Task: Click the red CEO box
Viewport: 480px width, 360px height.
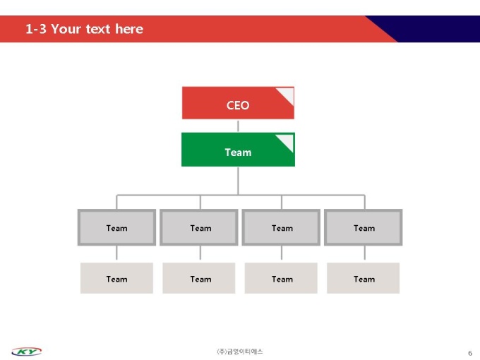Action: coord(238,103)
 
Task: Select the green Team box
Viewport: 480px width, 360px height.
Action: coord(238,150)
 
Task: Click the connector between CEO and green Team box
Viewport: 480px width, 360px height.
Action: coord(238,126)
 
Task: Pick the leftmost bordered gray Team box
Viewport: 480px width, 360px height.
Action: coord(116,227)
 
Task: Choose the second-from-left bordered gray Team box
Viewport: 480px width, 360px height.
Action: coord(199,227)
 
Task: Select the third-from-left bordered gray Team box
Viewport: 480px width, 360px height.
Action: coord(281,227)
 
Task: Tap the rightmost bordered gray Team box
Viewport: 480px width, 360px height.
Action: coord(364,227)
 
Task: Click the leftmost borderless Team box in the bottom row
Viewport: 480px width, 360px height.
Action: coord(116,278)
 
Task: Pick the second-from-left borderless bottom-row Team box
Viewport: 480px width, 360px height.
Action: coord(199,278)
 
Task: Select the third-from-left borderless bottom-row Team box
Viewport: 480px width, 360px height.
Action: coord(281,278)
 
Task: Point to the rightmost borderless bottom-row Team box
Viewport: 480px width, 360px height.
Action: coord(364,278)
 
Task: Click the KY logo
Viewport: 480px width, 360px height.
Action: coord(27,352)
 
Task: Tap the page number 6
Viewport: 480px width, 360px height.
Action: coord(470,353)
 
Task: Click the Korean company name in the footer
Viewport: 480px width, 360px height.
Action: coord(240,352)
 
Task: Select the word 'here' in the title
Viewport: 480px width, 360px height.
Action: coord(129,29)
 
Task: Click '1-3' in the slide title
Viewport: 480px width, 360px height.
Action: coord(36,29)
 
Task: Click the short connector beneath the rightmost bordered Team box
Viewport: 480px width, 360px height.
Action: coord(365,253)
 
